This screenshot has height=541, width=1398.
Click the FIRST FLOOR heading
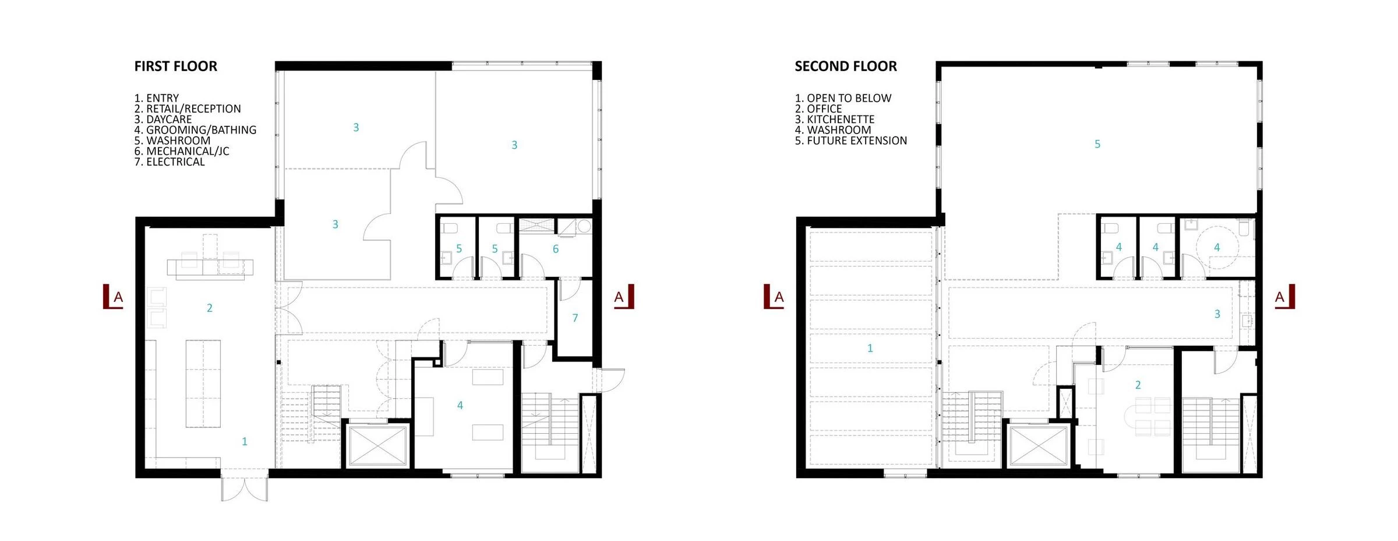[x=175, y=66]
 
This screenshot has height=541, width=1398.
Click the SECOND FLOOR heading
[x=846, y=66]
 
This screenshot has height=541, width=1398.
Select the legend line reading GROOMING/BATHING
[x=195, y=130]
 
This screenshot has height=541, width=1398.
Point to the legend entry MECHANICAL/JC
[x=182, y=151]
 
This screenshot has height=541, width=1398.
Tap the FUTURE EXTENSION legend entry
[x=851, y=140]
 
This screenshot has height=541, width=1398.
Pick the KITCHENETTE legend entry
[x=835, y=120]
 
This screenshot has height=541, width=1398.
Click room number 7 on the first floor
[x=575, y=318]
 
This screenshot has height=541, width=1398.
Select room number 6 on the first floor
[x=556, y=249]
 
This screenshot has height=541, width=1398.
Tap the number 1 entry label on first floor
[x=245, y=441]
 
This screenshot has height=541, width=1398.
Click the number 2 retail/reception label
[x=210, y=308]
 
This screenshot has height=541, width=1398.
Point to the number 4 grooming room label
[x=460, y=405]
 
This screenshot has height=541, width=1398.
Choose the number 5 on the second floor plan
[x=1097, y=144]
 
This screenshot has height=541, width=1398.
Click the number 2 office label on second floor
[x=1138, y=385]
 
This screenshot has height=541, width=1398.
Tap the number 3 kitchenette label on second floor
[x=1217, y=314]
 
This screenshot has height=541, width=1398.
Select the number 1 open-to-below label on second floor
[x=870, y=348]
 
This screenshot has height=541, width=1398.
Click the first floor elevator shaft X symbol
[x=378, y=446]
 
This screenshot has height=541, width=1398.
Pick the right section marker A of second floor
[x=1284, y=297]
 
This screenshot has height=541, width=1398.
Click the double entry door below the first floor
[x=245, y=489]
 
